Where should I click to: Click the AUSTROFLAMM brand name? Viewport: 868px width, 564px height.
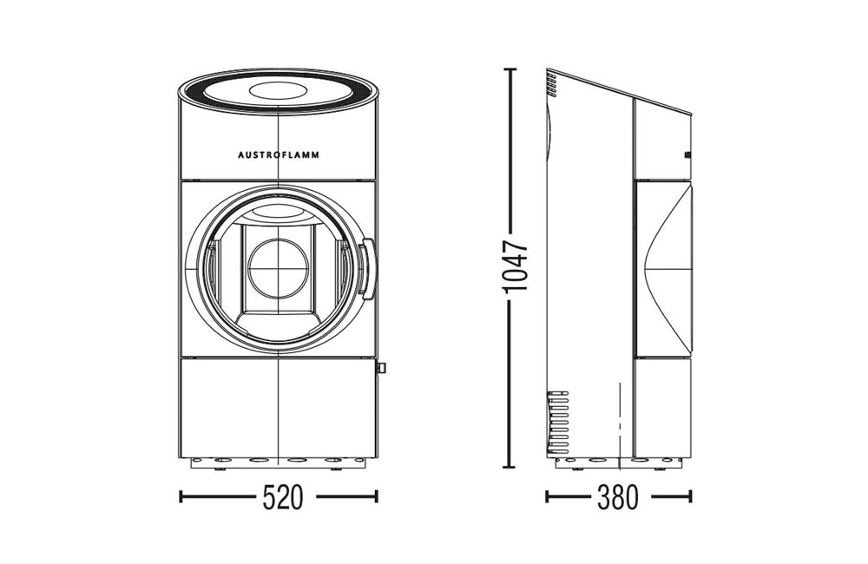point(279,155)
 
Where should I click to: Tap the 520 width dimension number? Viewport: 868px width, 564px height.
point(283,496)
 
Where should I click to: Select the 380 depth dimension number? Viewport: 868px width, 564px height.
point(618,496)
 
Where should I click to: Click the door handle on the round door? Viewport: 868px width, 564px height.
point(366,268)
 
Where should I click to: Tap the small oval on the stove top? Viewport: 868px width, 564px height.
point(279,90)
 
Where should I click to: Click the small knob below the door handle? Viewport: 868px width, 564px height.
point(381,367)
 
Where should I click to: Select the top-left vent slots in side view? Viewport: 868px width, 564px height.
point(551,83)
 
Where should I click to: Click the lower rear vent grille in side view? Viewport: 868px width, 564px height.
point(558,421)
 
